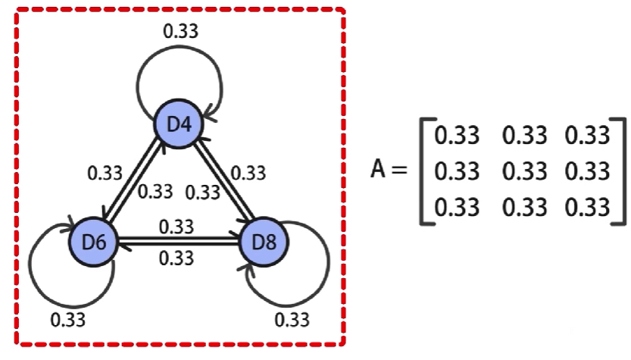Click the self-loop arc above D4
[x=179, y=59]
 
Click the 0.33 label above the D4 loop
[x=182, y=33]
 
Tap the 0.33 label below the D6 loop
[x=68, y=319]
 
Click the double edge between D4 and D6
[x=135, y=183]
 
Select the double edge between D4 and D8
[x=221, y=183]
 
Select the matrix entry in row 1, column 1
[x=457, y=136]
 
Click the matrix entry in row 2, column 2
[x=523, y=171]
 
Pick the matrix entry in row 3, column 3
[x=587, y=205]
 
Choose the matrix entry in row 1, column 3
[x=587, y=136]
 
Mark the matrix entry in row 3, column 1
[x=457, y=205]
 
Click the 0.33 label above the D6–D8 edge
[x=176, y=226]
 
